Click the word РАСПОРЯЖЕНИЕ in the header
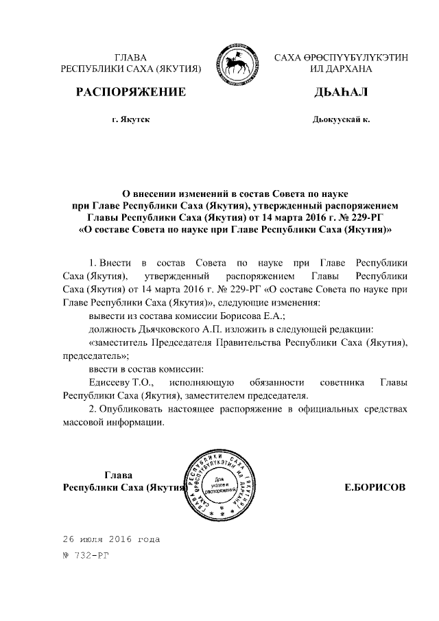130,92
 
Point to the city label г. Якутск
130,119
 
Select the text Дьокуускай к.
340,119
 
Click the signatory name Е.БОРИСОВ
375,487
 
